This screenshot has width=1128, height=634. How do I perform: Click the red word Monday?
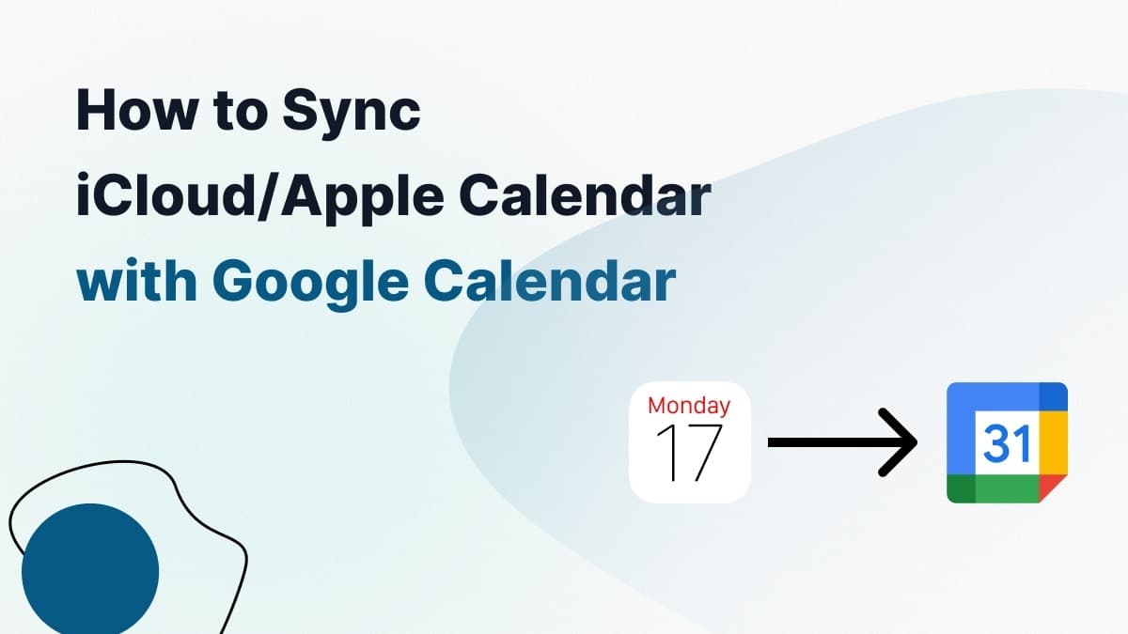click(689, 406)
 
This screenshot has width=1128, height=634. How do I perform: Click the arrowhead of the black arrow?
click(901, 442)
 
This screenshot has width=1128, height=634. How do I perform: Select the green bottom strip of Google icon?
click(1007, 489)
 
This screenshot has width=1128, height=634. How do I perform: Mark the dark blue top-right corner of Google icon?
click(1054, 396)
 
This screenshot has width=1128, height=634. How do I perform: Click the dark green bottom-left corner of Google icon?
click(960, 489)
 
